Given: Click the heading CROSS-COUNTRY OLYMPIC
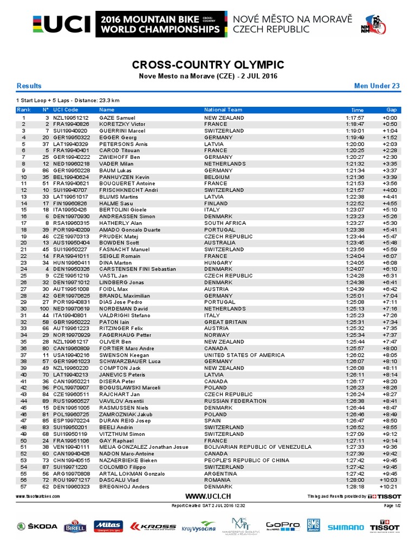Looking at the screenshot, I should click(208, 65).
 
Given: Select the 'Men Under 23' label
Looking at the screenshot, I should click(376, 86).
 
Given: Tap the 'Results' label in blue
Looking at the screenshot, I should click(29, 86).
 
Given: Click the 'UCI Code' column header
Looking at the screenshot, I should click(66, 109).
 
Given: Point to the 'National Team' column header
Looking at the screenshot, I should click(223, 109).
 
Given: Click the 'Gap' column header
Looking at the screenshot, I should click(391, 109).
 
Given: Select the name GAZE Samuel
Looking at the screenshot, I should click(117, 118).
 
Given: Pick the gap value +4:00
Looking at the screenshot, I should click(389, 190).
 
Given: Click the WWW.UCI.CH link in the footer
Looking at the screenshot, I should click(207, 496).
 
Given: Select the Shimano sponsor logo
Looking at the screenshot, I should click(346, 527).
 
